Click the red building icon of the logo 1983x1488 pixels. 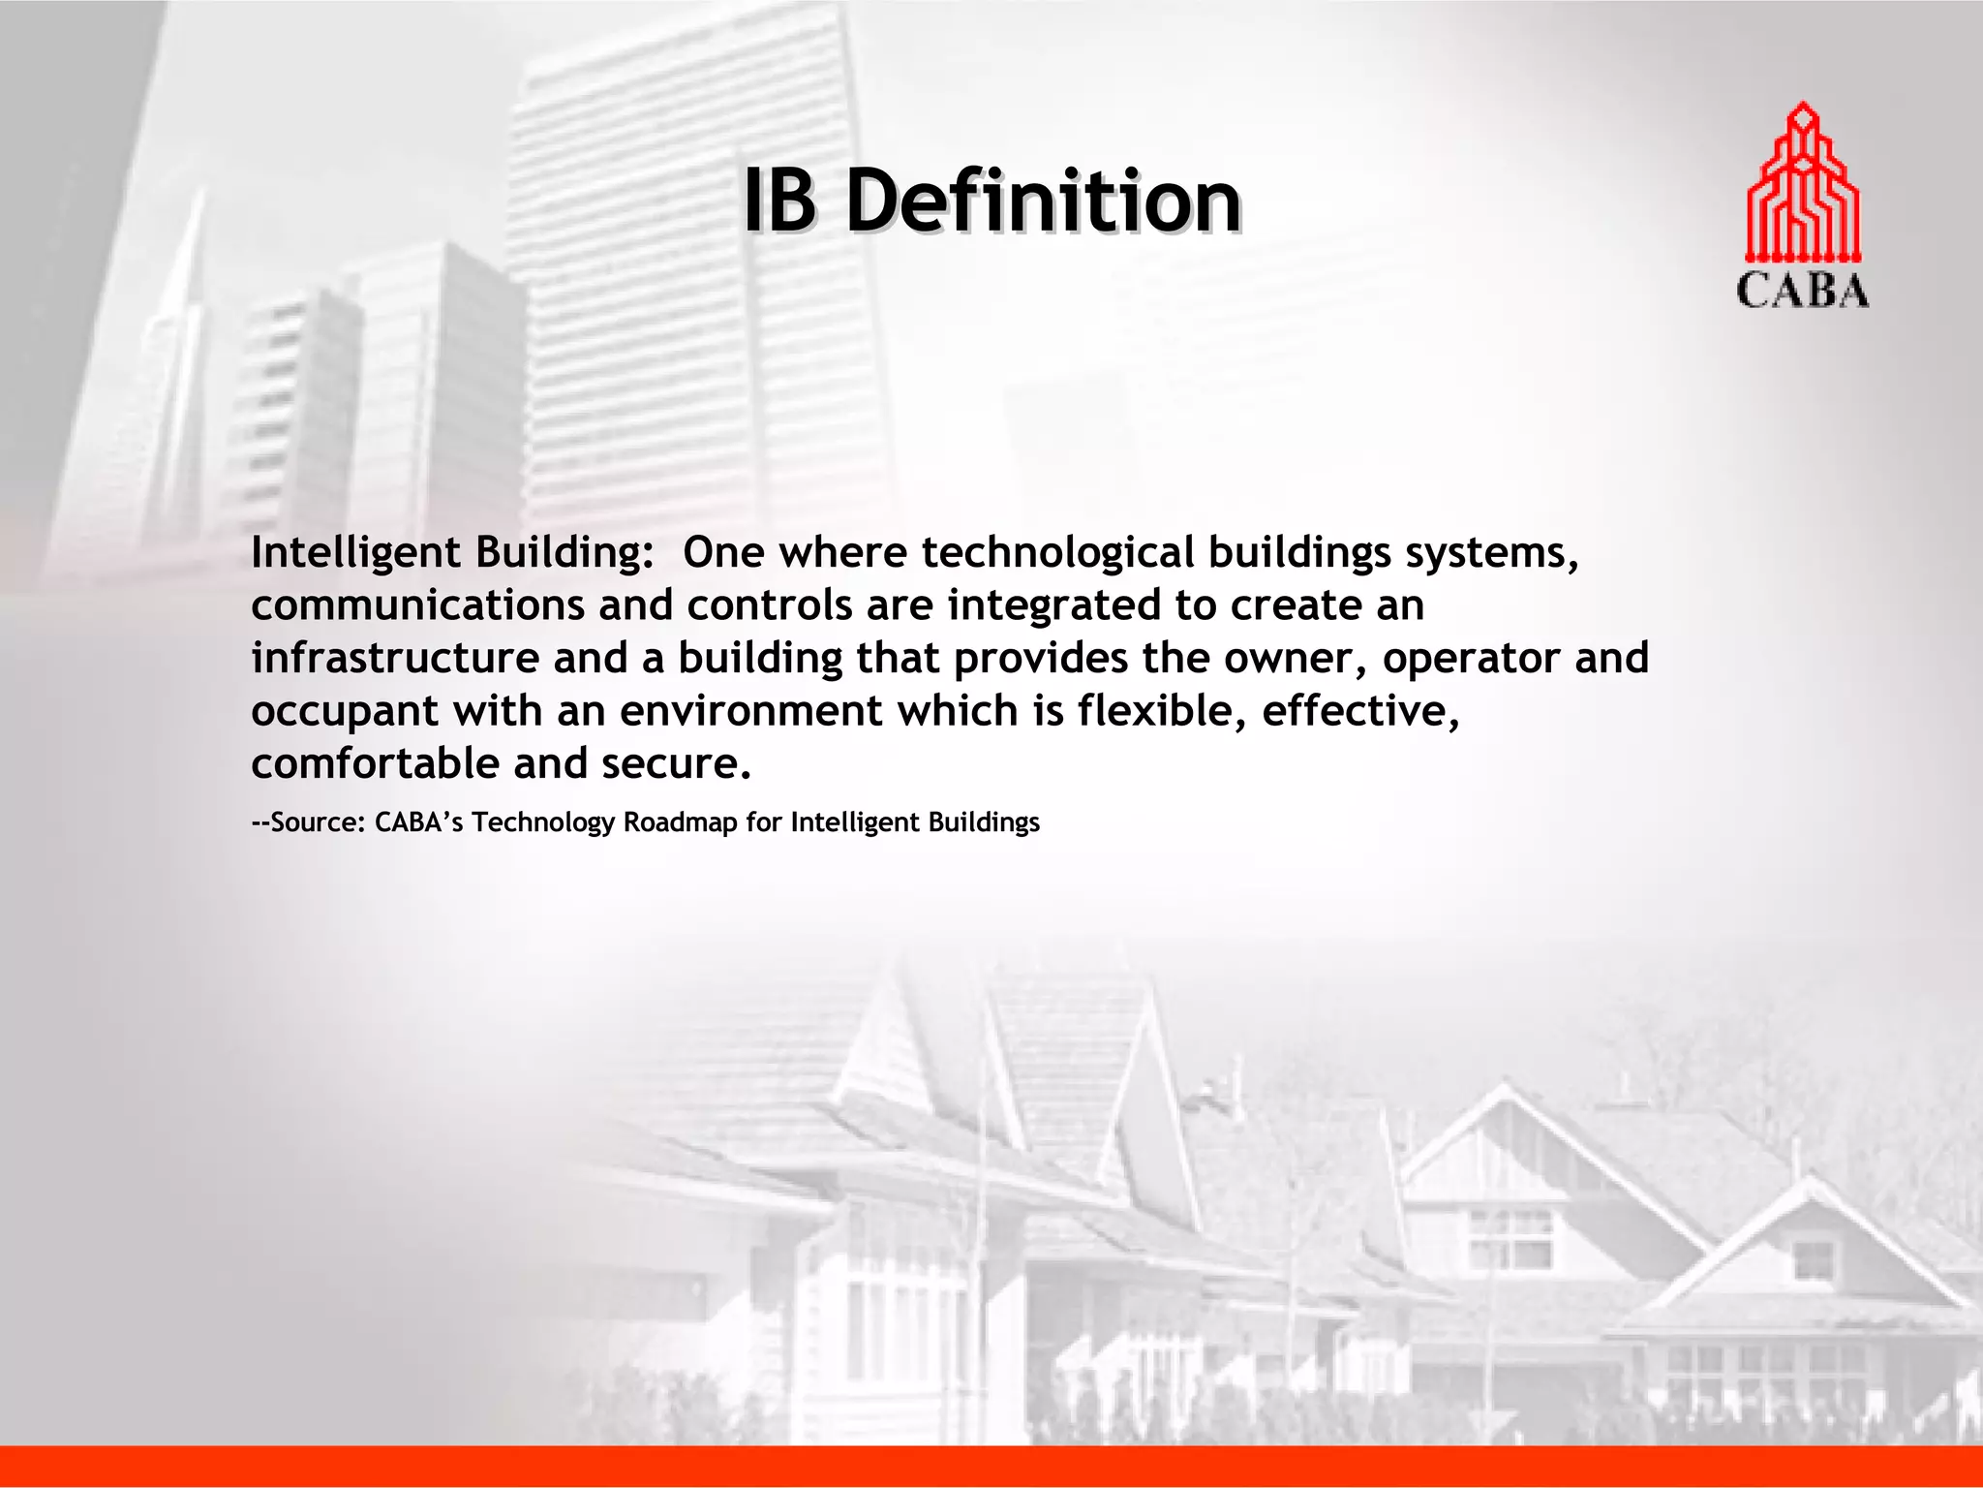(x=1802, y=183)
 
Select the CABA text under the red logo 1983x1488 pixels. (x=1802, y=291)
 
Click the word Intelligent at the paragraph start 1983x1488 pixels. (x=355, y=554)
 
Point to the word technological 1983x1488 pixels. (x=1057, y=552)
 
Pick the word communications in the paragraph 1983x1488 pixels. (x=417, y=606)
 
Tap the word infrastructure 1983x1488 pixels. (x=395, y=659)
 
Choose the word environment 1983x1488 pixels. (x=750, y=711)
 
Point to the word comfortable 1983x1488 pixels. (x=375, y=764)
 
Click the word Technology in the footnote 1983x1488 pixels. (x=543, y=823)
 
